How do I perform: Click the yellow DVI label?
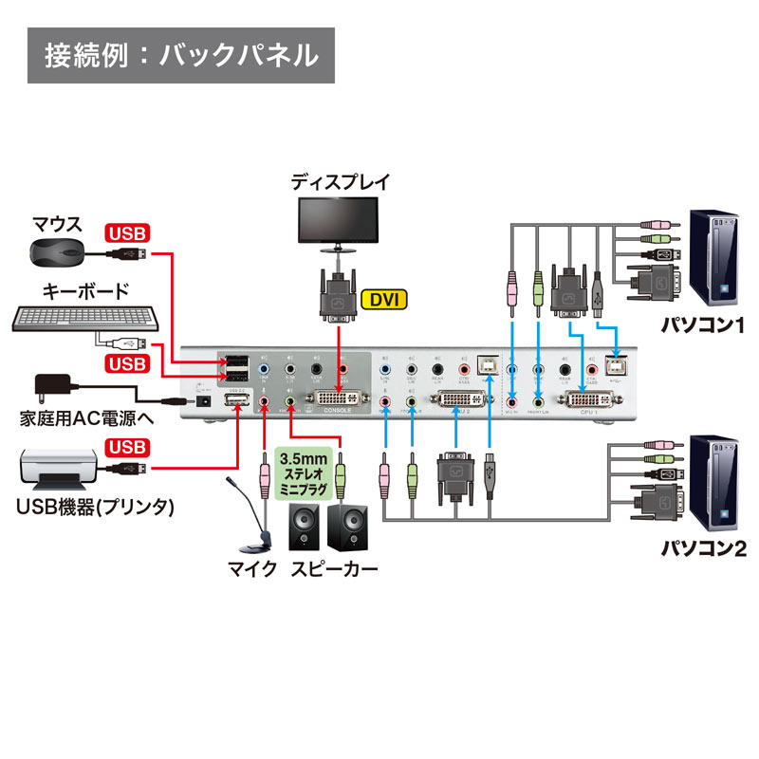[383, 301]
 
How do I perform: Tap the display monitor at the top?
[340, 221]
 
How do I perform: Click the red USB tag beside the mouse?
[128, 231]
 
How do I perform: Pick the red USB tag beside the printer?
[128, 447]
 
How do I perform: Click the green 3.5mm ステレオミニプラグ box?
[304, 473]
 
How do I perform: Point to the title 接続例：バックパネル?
[180, 54]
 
